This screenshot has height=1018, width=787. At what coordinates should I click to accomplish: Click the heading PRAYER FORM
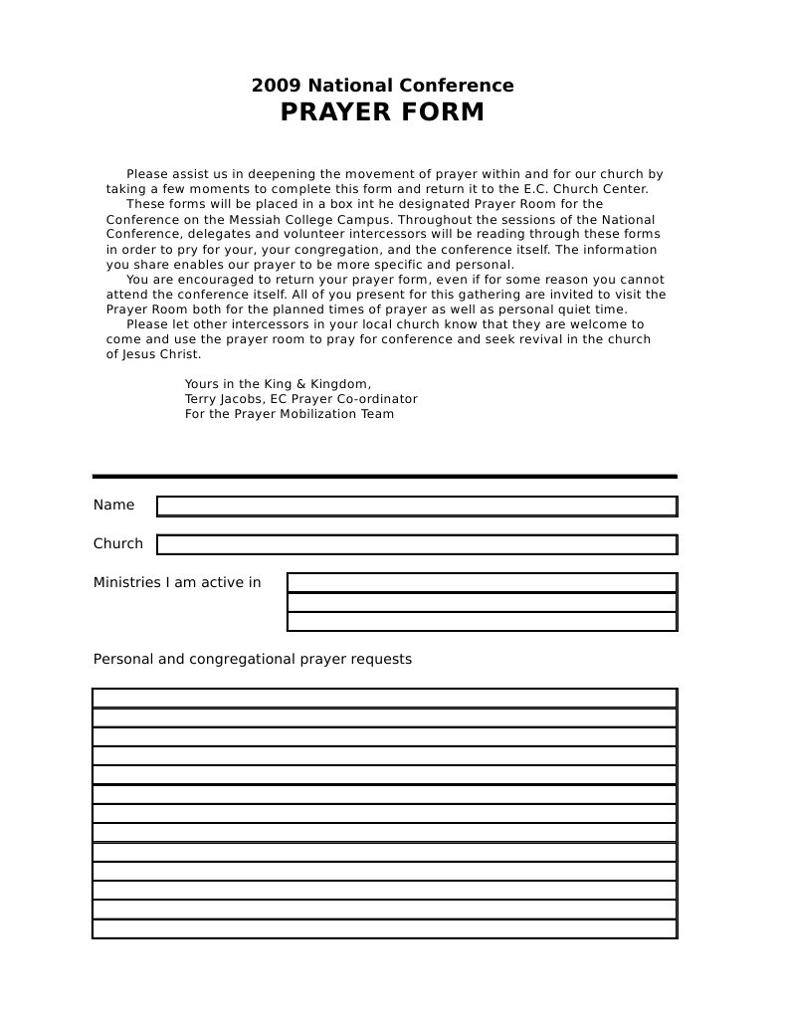pos(382,112)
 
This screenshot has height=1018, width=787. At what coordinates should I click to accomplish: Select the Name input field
pos(417,507)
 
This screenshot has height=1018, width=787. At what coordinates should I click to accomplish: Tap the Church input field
pos(417,544)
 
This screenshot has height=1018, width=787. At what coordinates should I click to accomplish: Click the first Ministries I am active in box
pos(482,583)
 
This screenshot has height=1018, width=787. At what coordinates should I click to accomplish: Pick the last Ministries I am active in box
pos(482,622)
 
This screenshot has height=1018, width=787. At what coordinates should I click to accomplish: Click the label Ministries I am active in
pos(177,583)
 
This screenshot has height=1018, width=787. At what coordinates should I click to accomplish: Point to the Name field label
pos(113,506)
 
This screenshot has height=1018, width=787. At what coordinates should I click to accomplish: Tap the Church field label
pos(117,544)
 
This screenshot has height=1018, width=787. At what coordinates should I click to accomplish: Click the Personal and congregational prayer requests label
pos(252,660)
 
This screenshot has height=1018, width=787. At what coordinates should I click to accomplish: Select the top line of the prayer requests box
pos(384,698)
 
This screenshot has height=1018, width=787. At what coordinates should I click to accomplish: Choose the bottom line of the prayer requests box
pos(384,928)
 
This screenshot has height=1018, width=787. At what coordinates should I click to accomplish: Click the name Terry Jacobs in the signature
pos(218,399)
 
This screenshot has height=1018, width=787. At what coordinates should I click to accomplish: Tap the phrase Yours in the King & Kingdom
pos(278,384)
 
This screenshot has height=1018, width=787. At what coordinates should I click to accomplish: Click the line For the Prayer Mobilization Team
pos(289,414)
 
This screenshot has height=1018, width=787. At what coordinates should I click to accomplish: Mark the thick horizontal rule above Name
pos(384,477)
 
